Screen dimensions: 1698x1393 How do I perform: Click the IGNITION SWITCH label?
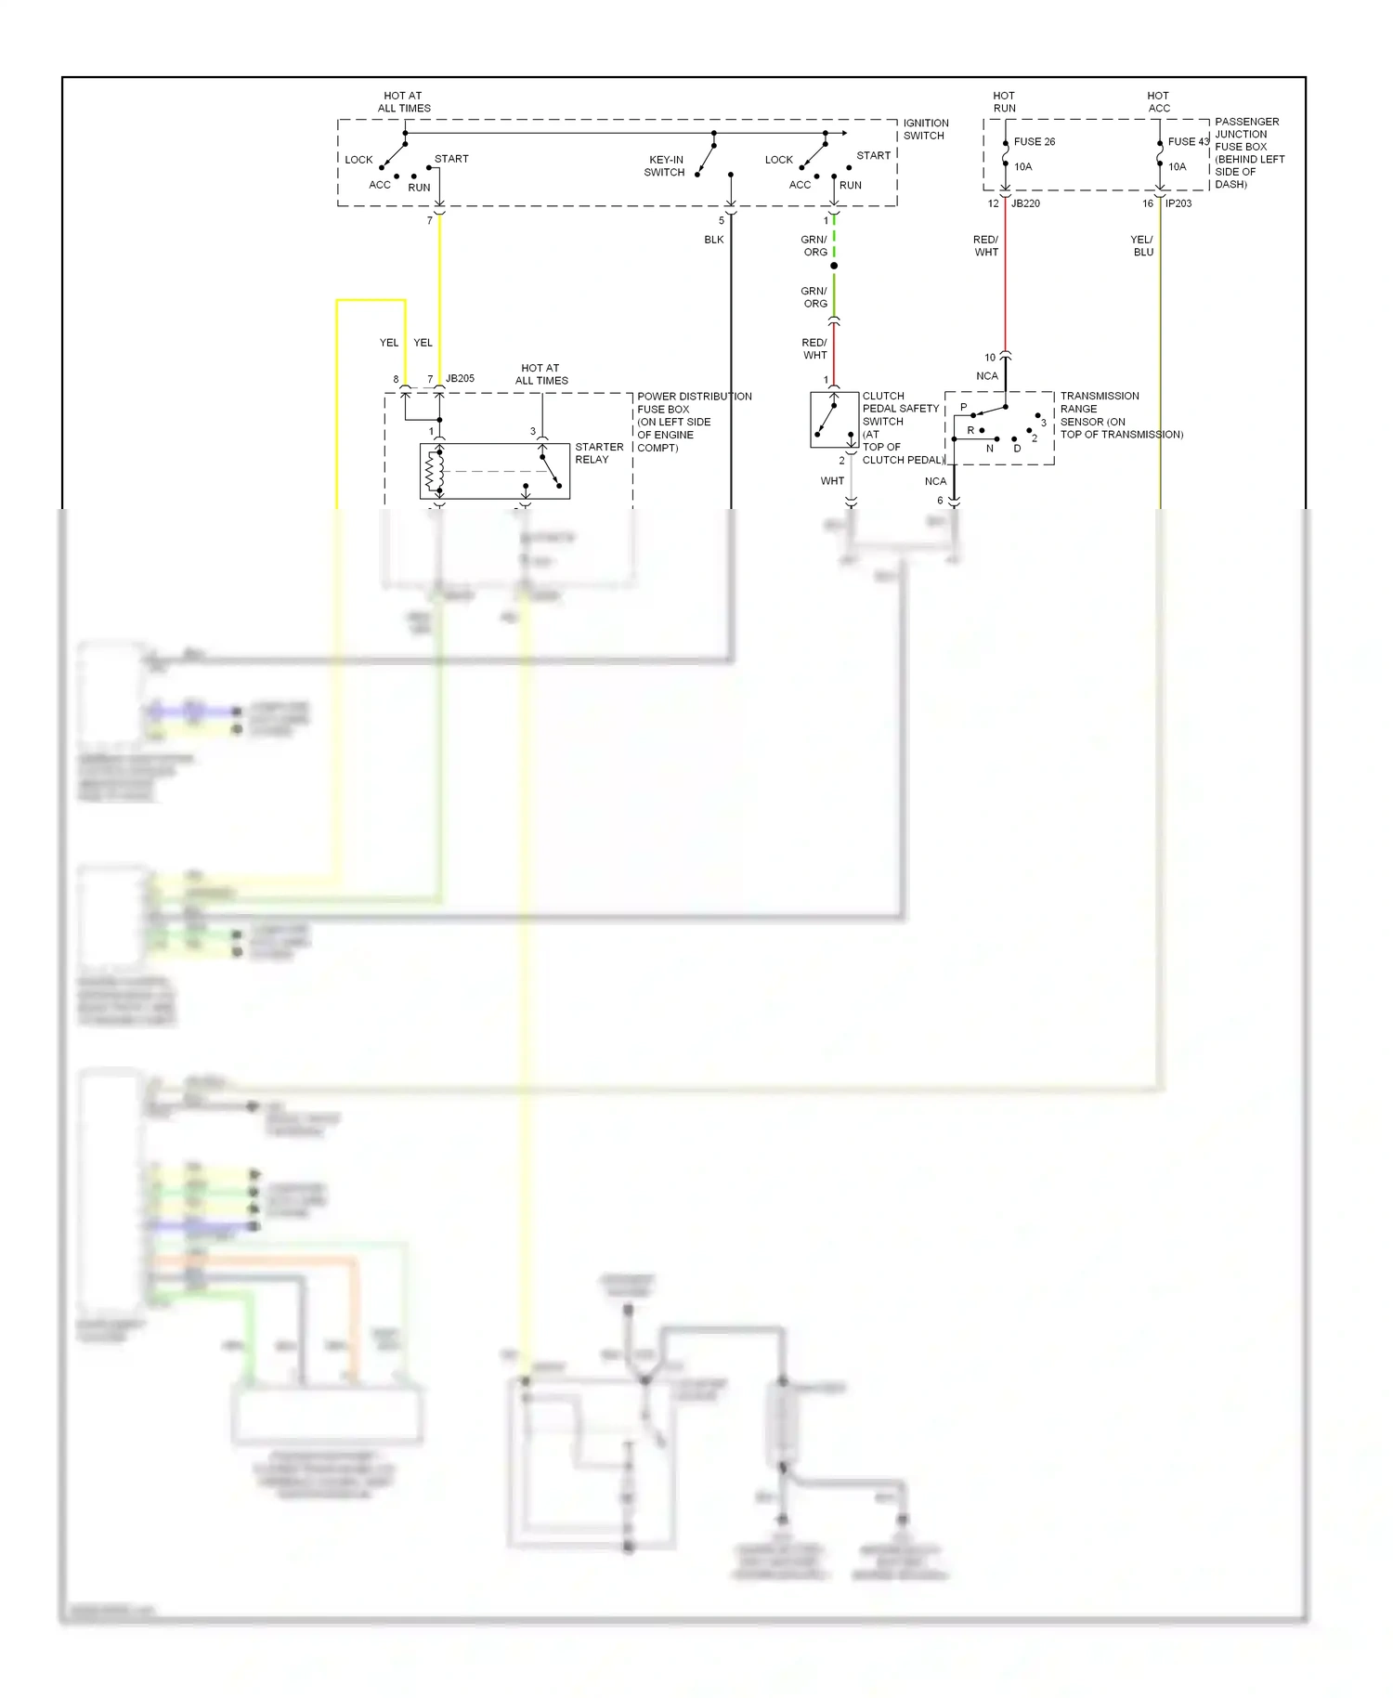pos(925,129)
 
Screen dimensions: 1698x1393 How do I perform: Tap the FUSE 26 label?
pos(1034,142)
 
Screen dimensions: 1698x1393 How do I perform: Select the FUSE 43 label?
pos(1188,142)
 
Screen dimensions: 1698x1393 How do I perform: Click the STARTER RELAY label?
pos(599,453)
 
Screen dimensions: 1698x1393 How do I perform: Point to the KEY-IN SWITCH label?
pos(665,166)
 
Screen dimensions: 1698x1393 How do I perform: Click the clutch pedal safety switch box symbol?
pos(834,420)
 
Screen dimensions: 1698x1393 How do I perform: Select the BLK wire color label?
pos(713,240)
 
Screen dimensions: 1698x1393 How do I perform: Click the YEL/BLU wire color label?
pos(1142,246)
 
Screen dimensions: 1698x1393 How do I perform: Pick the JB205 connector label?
pos(460,379)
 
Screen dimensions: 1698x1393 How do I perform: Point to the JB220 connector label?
pos(1025,203)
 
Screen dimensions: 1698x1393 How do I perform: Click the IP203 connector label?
pos(1178,203)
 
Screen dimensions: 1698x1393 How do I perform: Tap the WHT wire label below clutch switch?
pos(832,481)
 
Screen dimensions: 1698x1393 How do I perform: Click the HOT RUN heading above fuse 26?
pos(1004,102)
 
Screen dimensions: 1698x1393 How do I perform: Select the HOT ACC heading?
pos(1158,102)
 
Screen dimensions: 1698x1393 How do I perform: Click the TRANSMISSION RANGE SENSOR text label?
pos(1121,415)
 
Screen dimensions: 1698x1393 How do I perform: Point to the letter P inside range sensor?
pos(963,408)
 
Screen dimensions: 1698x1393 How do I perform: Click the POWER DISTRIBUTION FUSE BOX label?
pos(694,422)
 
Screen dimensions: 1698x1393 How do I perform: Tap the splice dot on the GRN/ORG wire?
pos(834,267)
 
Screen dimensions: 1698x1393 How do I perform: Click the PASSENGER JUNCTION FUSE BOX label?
pos(1249,153)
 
